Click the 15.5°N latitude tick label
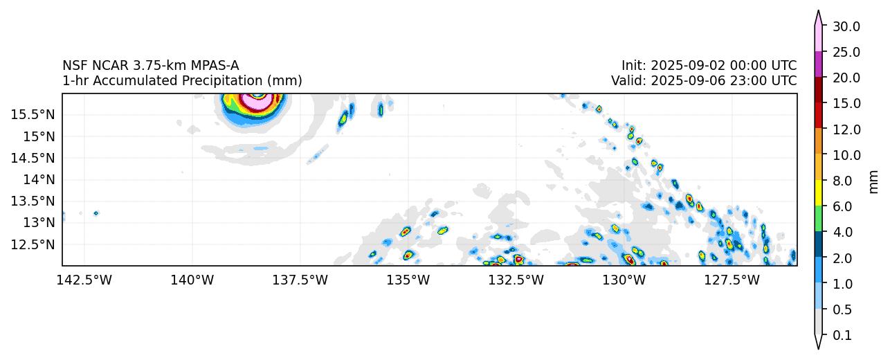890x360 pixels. pos(33,114)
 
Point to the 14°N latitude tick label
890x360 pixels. pos(37,179)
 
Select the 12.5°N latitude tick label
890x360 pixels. pos(33,244)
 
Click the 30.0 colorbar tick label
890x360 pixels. pos(846,26)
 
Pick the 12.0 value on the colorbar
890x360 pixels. pos(846,129)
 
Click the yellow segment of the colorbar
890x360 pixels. pos(818,192)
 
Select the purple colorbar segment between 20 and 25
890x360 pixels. pos(818,64)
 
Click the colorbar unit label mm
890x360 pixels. pos(873,181)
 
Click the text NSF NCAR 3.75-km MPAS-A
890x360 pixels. pos(151,66)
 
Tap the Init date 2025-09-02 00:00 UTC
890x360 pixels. pos(709,66)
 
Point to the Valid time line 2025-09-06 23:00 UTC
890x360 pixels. pos(703,80)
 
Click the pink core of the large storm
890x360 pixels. pos(258,103)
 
